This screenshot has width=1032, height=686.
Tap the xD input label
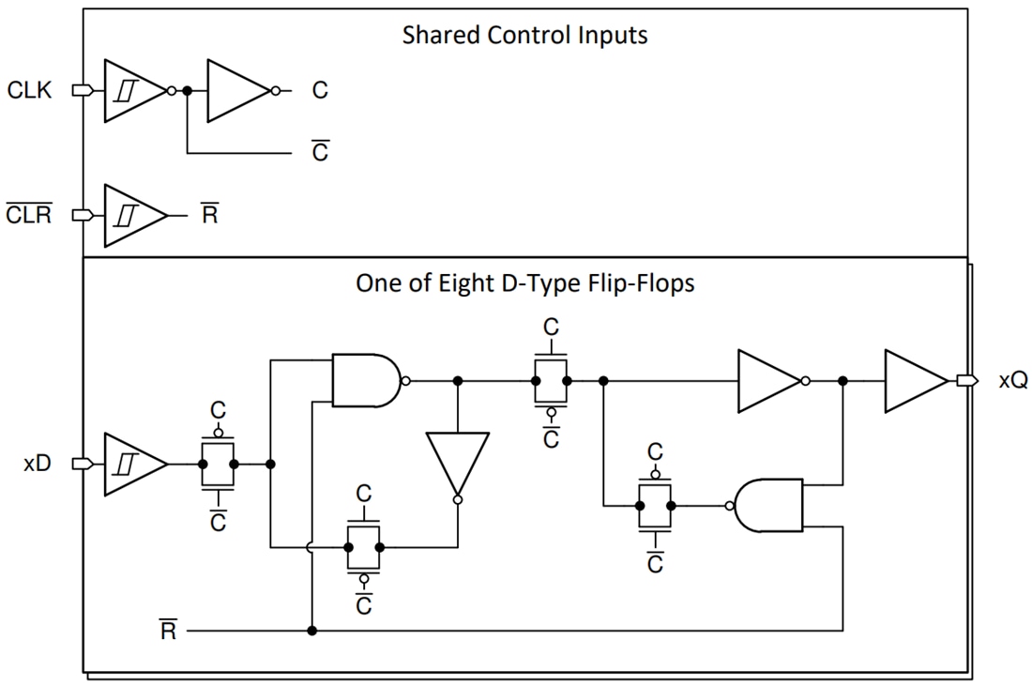point(37,464)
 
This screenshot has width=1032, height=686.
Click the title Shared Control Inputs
point(524,36)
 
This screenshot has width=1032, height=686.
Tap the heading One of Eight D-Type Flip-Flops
point(524,283)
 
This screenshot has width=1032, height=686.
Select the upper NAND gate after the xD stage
point(368,381)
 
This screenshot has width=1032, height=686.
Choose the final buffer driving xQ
point(914,381)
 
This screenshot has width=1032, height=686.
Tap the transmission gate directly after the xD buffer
point(218,464)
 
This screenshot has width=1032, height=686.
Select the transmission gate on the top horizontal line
point(551,381)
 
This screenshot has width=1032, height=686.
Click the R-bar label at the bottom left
point(168,631)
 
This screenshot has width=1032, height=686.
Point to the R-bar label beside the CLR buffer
point(209,216)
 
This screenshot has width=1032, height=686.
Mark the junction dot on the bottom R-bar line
point(311,632)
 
